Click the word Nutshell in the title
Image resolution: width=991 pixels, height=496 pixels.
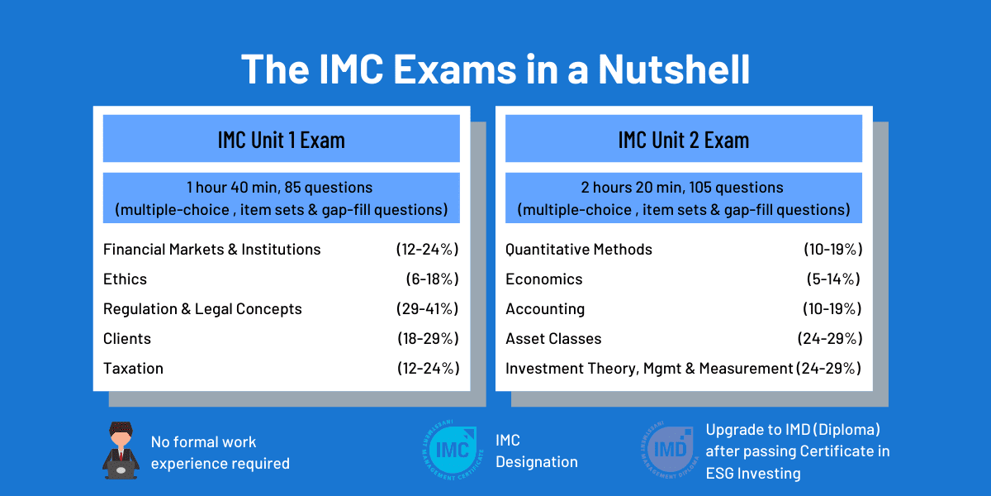click(x=674, y=69)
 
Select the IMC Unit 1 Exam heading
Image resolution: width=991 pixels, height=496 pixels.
click(x=281, y=139)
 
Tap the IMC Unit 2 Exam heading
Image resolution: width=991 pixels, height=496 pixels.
click(x=683, y=139)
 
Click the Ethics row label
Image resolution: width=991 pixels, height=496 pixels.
click(x=126, y=279)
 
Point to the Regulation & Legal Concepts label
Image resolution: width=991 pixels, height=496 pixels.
click(x=202, y=308)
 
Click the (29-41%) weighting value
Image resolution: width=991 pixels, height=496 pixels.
click(x=427, y=308)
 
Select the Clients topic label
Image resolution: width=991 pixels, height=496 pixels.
click(x=127, y=338)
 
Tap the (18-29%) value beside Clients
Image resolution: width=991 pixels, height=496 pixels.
click(x=427, y=338)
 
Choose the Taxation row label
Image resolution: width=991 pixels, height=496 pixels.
click(x=133, y=368)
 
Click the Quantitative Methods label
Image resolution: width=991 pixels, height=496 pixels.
click(x=579, y=249)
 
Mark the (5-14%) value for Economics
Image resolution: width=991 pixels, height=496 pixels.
click(x=833, y=279)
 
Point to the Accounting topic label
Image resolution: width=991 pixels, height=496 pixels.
click(x=545, y=308)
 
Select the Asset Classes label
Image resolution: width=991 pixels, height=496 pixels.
click(x=553, y=338)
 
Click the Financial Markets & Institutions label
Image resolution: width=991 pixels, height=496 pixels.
click(x=211, y=249)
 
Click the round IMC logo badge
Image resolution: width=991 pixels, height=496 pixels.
click(x=448, y=451)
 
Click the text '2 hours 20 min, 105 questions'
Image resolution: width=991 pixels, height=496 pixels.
click(x=683, y=188)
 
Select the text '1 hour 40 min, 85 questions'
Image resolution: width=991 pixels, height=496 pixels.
click(x=281, y=188)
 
